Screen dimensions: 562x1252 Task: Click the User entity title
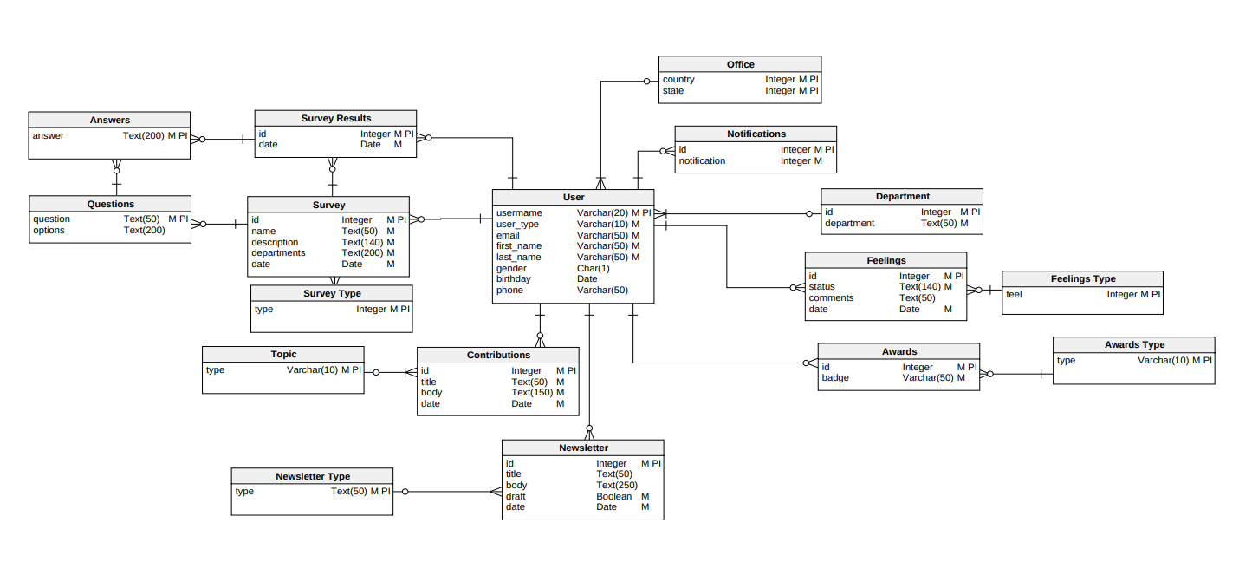[x=573, y=197]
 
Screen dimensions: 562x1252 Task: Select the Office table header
[x=740, y=64]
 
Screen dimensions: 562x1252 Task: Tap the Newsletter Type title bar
[x=313, y=476]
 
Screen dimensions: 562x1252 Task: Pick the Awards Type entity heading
[x=1134, y=344]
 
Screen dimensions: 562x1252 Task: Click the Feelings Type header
[x=1083, y=278]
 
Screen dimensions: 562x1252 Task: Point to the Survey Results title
[x=336, y=118]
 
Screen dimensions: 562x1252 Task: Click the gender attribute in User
[x=511, y=269]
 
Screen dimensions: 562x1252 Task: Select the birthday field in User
[x=514, y=279]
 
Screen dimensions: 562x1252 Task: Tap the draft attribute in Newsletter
[x=516, y=496]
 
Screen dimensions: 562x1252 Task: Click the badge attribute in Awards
[x=835, y=377]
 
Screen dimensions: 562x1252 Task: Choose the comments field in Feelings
[x=831, y=297]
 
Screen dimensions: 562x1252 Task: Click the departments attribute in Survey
[x=278, y=253]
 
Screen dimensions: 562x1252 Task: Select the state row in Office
[x=673, y=90]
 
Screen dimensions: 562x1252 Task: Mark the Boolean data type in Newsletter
[x=613, y=496]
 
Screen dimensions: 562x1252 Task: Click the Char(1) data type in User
[x=594, y=269]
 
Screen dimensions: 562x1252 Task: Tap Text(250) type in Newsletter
[x=617, y=485]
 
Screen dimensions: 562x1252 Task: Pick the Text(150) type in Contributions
[x=532, y=393]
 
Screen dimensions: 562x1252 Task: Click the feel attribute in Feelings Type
[x=1014, y=294]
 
